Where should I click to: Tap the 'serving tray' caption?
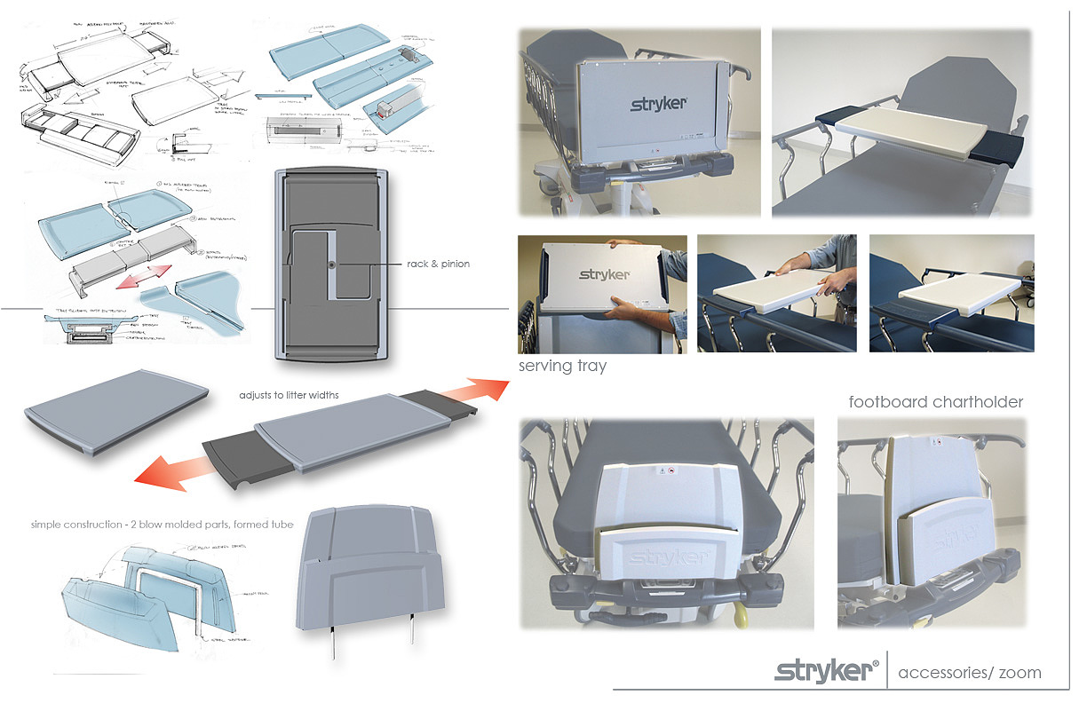562,366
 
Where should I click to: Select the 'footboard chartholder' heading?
935,402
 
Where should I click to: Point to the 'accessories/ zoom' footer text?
969,672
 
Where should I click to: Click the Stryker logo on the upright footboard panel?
658,105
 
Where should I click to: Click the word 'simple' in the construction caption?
48,525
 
